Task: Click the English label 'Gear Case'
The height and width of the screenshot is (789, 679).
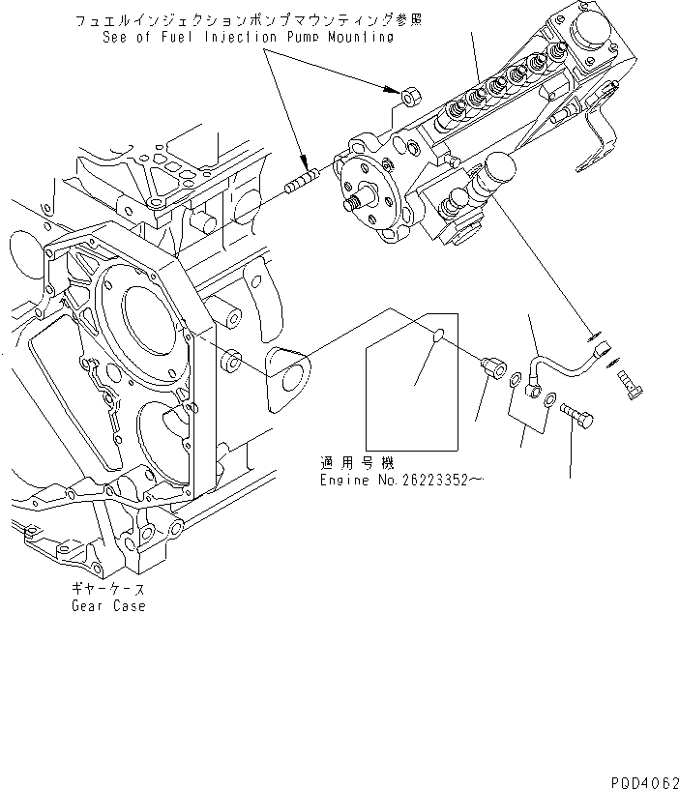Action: (108, 606)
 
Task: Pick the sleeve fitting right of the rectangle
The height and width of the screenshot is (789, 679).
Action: (493, 369)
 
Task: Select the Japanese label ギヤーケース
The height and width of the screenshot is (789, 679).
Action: (108, 589)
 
